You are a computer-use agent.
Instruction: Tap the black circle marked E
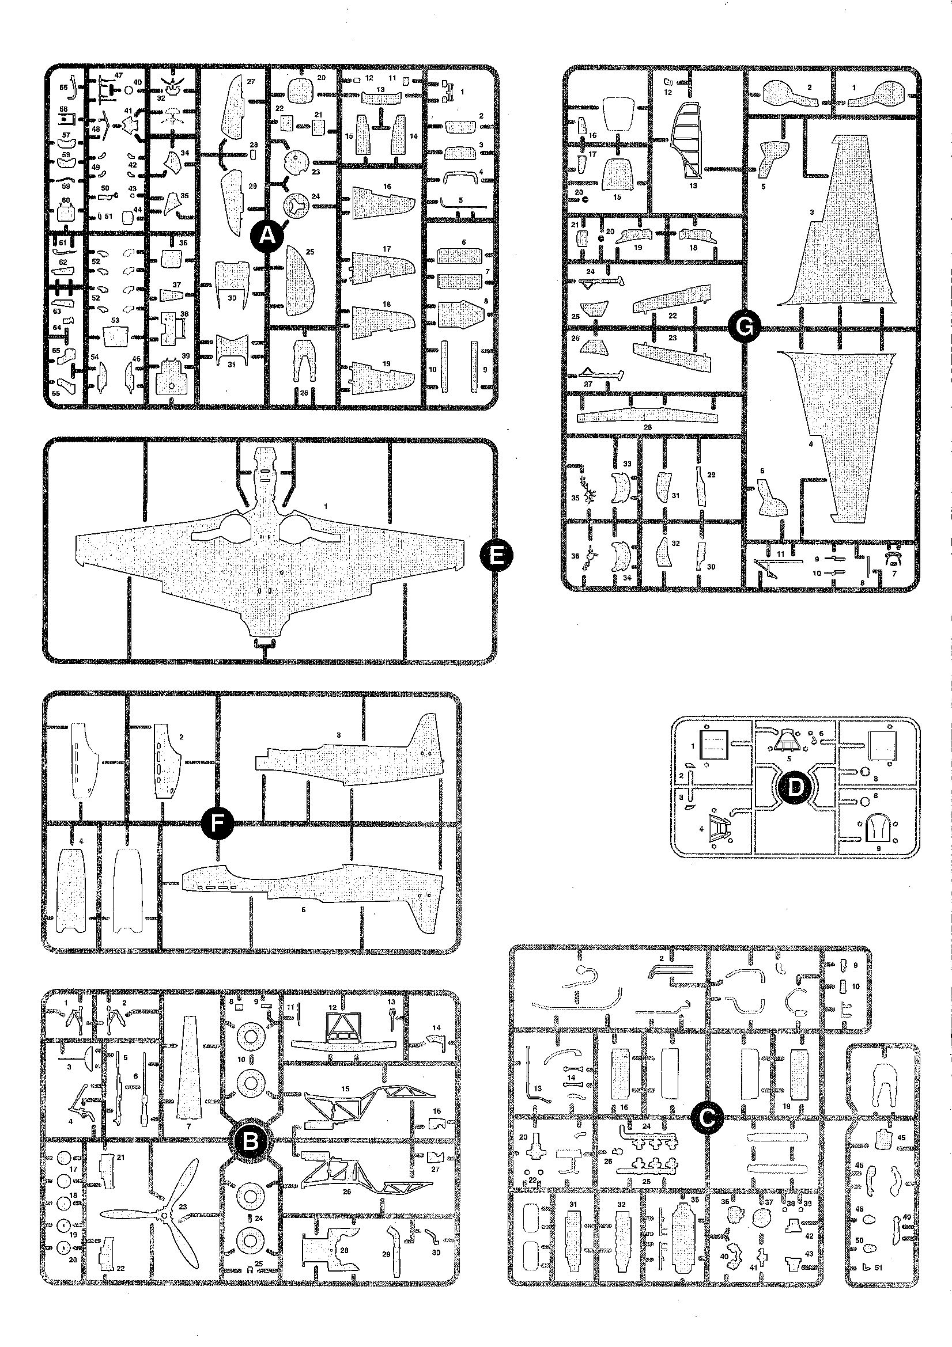click(496, 555)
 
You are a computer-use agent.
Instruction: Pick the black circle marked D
click(795, 787)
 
